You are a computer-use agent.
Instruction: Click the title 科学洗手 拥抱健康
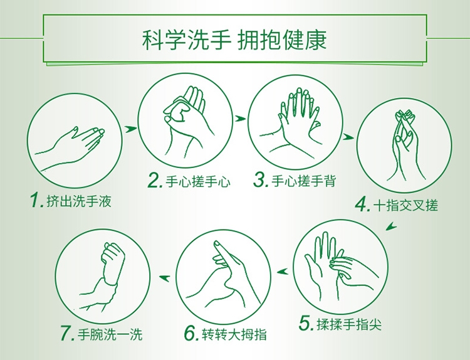pos(234,40)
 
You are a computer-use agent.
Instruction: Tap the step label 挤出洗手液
pos(79,201)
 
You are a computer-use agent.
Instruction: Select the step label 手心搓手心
pos(198,181)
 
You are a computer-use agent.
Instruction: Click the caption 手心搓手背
pos(304,181)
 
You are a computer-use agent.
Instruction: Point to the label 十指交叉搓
pos(406,206)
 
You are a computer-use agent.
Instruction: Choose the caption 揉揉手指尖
pos(349,324)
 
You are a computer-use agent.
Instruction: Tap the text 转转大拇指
pos(234,334)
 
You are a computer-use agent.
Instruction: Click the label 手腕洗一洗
pos(110,334)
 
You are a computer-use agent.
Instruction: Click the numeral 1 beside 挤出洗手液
pos(36,201)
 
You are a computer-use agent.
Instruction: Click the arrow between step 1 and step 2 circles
pos(130,129)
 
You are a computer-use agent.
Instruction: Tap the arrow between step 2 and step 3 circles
pos(240,119)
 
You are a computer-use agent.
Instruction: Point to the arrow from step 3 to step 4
pos(348,137)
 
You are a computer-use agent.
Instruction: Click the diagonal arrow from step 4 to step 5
pos(391,226)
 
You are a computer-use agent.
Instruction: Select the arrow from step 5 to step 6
pos(283,272)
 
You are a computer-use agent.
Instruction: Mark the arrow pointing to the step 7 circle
pos(164,278)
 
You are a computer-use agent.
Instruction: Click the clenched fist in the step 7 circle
pos(113,260)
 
